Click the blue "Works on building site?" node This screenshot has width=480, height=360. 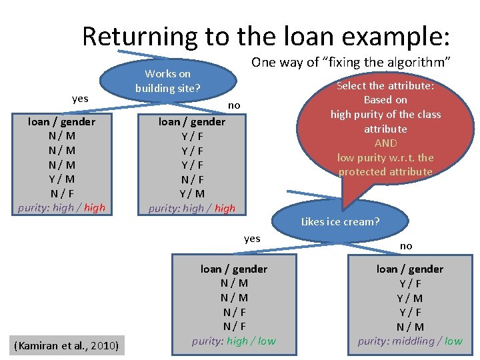point(168,81)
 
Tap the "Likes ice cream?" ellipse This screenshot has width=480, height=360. point(340,221)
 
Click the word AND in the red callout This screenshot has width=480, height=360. point(385,143)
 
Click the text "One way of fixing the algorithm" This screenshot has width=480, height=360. point(351,62)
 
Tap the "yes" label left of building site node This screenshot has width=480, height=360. point(80,99)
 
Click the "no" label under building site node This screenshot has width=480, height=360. point(234,105)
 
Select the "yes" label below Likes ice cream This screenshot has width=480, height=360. point(252,238)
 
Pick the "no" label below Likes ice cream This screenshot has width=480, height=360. point(406,246)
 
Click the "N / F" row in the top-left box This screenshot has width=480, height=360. point(62,193)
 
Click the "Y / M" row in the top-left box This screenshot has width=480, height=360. point(62,179)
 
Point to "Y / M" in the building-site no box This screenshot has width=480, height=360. point(192,193)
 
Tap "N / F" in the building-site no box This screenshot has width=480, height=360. point(192,179)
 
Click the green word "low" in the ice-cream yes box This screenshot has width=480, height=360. point(266,341)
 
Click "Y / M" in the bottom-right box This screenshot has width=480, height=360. point(410,298)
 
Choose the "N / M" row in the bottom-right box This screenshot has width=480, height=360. point(410,327)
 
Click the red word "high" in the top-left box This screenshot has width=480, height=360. point(95,207)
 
